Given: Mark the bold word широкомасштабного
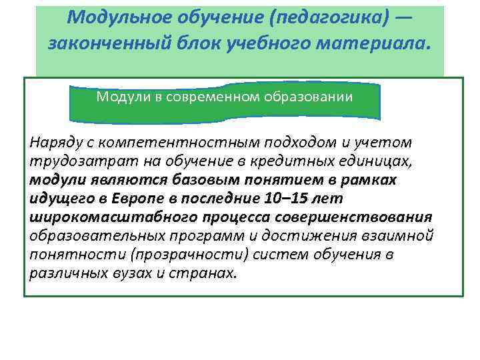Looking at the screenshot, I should coord(111,217).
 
